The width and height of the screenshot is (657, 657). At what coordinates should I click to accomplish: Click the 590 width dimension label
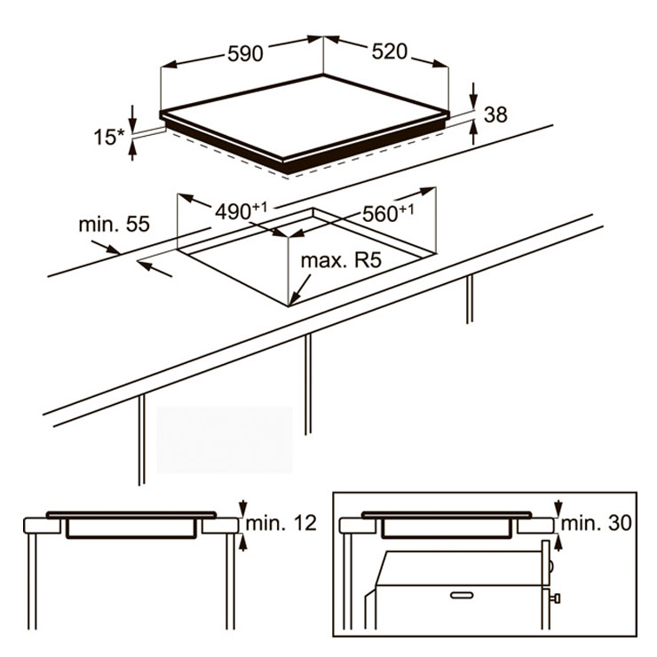tap(245, 53)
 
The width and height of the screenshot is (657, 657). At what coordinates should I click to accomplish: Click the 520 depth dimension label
tap(389, 51)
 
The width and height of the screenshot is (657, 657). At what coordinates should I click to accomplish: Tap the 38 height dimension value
tap(495, 115)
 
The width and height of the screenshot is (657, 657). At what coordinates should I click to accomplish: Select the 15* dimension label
tap(109, 137)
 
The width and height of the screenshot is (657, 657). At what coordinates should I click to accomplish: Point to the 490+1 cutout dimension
tap(241, 210)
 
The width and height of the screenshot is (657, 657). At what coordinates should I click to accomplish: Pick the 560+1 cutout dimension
tap(388, 213)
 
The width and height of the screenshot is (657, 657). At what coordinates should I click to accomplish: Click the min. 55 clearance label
tap(114, 224)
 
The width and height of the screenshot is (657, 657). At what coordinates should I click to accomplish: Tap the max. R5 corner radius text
tap(341, 260)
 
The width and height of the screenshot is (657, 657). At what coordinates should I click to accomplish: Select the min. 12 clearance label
tap(281, 523)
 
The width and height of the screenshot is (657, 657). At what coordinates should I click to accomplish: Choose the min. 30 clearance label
tap(596, 523)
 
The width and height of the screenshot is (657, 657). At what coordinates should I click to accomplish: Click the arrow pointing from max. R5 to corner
tap(300, 289)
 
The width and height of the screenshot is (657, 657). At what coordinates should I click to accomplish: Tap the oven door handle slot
tap(462, 595)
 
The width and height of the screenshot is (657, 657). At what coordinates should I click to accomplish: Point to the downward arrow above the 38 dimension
tap(473, 96)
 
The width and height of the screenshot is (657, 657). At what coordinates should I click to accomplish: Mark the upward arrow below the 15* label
tap(132, 151)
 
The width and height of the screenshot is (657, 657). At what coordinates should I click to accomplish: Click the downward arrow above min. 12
tap(242, 508)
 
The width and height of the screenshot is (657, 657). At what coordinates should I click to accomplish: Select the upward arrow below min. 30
tap(558, 542)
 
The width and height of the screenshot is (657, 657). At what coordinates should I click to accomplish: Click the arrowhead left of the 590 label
tap(169, 65)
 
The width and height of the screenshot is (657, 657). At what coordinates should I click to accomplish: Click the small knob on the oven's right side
tap(556, 598)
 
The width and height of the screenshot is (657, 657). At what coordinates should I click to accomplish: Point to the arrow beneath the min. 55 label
tap(154, 269)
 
